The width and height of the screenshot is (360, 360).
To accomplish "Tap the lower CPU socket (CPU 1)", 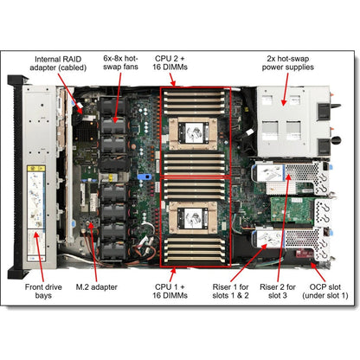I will click(195, 216).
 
